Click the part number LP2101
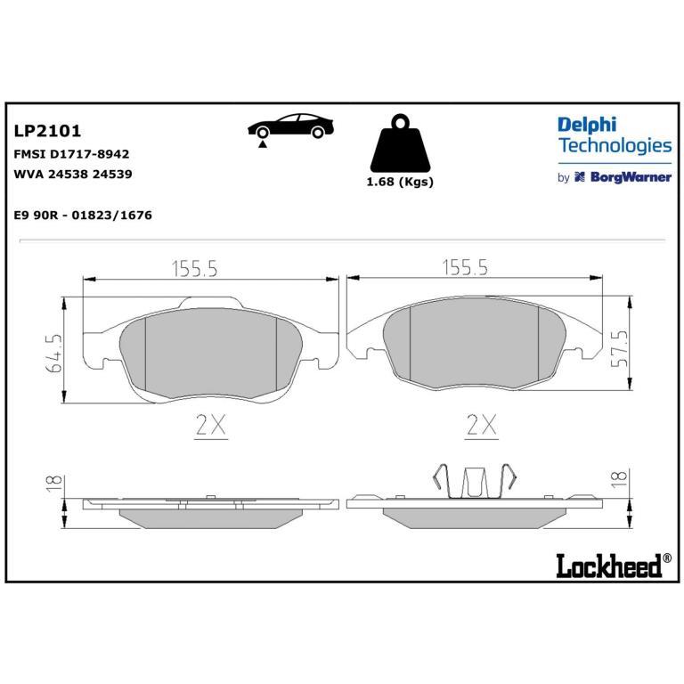pyautogui.click(x=47, y=131)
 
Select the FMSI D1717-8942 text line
pyautogui.click(x=72, y=154)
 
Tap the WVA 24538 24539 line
pyautogui.click(x=73, y=174)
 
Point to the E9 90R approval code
pyautogui.click(x=84, y=215)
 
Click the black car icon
pyautogui.click(x=290, y=126)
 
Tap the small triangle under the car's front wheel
pyautogui.click(x=262, y=144)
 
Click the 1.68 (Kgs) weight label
pyautogui.click(x=400, y=182)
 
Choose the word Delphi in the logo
pyautogui.click(x=587, y=126)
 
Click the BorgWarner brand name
pyautogui.click(x=631, y=177)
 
